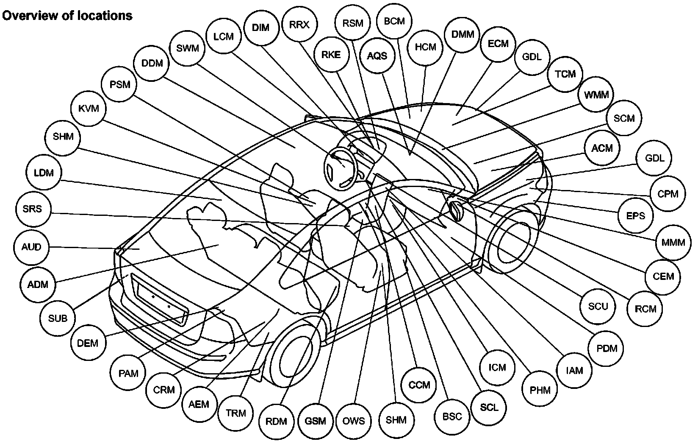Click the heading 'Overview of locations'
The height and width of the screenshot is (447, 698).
[67, 16]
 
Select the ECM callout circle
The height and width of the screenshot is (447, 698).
[498, 44]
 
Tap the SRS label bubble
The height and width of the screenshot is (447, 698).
[33, 210]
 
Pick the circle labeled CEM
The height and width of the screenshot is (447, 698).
[663, 277]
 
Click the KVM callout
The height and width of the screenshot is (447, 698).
[89, 109]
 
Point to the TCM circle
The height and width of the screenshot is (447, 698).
[565, 74]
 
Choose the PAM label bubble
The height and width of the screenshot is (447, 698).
[128, 373]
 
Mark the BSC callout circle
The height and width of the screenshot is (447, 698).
[452, 416]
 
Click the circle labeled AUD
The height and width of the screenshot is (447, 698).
[31, 247]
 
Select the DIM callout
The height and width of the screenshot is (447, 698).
[260, 28]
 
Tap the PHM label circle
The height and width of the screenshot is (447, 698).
[540, 389]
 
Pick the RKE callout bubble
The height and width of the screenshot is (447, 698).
[331, 55]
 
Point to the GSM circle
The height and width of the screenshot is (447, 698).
[316, 421]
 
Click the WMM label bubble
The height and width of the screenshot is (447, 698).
[596, 95]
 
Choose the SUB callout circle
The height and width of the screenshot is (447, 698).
[58, 318]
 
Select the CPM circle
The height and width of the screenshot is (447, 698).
[668, 194]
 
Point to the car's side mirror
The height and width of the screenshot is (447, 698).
[456, 210]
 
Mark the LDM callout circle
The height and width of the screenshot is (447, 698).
[44, 173]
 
